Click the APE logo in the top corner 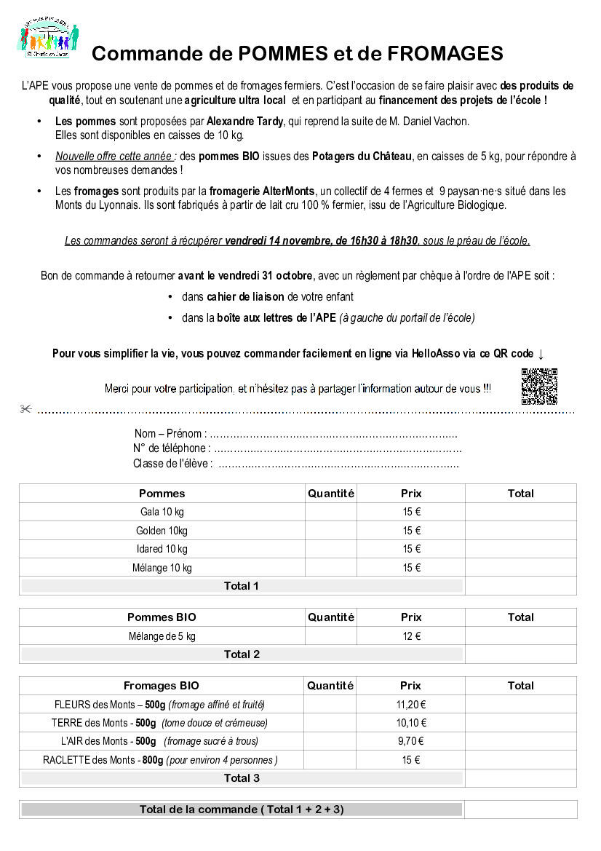(48, 36)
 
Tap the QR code (539, 386)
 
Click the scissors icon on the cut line (25, 410)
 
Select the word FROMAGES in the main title (445, 54)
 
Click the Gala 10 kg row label (162, 512)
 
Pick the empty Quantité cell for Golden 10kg (330, 531)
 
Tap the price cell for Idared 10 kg (411, 549)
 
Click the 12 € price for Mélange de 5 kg (411, 636)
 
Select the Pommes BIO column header (162, 617)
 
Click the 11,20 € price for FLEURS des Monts (411, 705)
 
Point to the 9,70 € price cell (411, 741)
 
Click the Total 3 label (242, 778)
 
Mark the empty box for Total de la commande (520, 810)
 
